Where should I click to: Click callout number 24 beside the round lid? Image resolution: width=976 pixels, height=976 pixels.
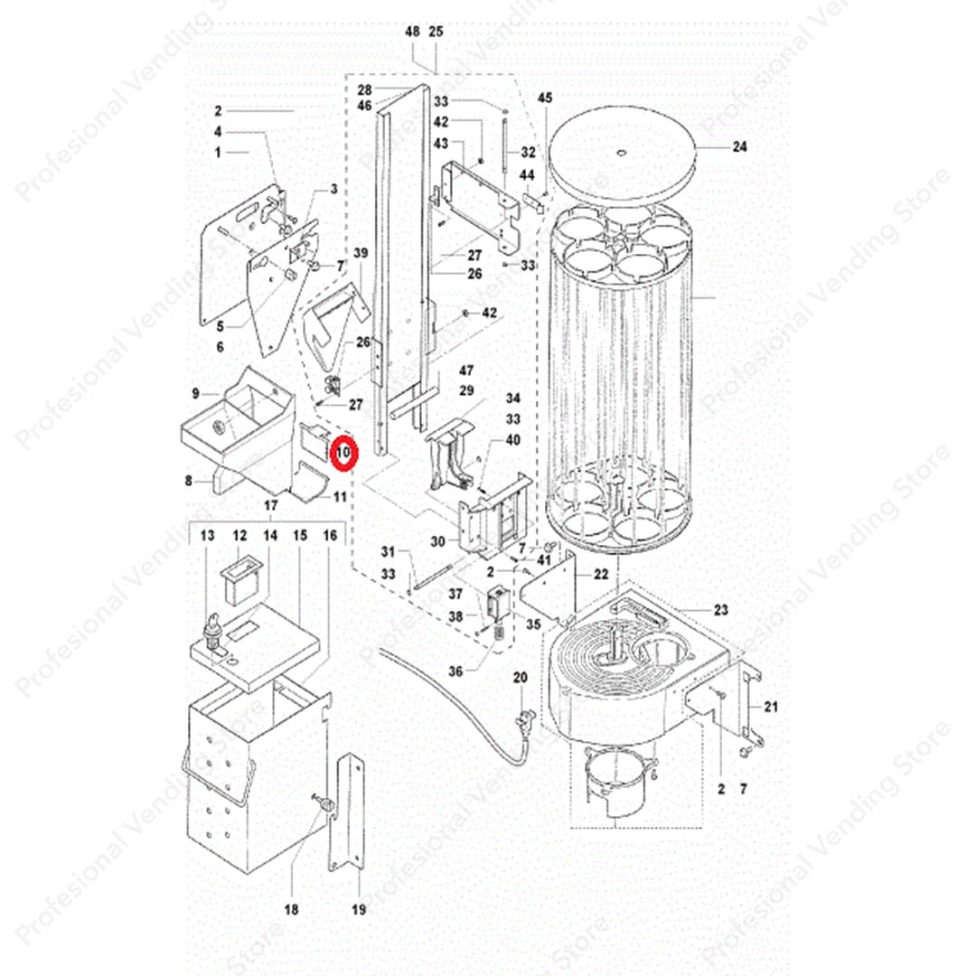pos(740,145)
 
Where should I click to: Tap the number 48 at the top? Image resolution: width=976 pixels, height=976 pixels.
pos(412,32)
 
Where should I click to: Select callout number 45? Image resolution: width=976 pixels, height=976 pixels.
pos(544,97)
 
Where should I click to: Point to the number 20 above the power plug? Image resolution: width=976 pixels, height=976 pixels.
pos(519,678)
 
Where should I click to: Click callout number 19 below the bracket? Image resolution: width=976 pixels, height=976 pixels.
pos(359,910)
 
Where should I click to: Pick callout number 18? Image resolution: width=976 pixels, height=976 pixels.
pos(291,910)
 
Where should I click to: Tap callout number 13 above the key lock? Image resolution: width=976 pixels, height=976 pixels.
pos(208,536)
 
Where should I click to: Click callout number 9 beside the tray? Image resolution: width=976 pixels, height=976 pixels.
pos(195,392)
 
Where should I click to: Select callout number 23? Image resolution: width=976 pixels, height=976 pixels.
pos(720,608)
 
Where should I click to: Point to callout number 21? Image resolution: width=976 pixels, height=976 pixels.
pos(770,706)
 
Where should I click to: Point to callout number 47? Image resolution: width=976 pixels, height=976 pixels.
pos(466,371)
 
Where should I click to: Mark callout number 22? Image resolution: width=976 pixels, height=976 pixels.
pos(601,575)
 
